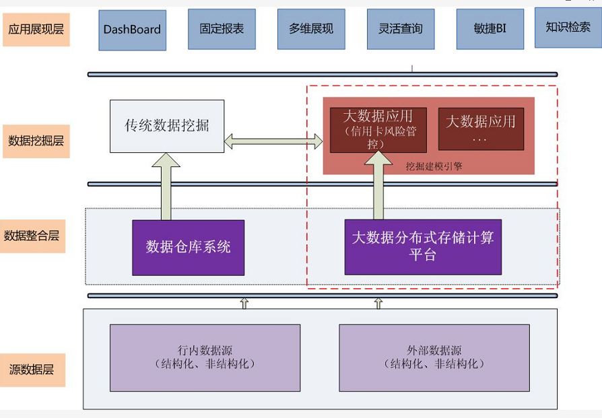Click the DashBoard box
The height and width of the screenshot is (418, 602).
(132, 30)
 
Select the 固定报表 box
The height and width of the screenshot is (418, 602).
(222, 29)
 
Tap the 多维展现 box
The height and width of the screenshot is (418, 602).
(311, 29)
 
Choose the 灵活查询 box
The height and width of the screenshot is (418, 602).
(401, 29)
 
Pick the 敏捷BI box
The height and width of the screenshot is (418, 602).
(490, 29)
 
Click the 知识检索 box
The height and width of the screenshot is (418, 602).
(568, 27)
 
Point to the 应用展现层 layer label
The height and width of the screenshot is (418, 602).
(36, 30)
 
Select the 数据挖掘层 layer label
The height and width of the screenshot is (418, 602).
(36, 141)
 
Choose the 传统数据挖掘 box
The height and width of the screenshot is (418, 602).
(166, 126)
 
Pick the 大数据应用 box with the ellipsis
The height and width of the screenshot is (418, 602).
(481, 129)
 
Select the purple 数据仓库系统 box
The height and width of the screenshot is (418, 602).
(188, 247)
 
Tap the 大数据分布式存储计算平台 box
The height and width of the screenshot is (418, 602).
(423, 246)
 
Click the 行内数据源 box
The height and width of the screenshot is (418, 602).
(205, 357)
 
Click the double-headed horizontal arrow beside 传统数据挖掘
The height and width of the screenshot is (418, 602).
(273, 141)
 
